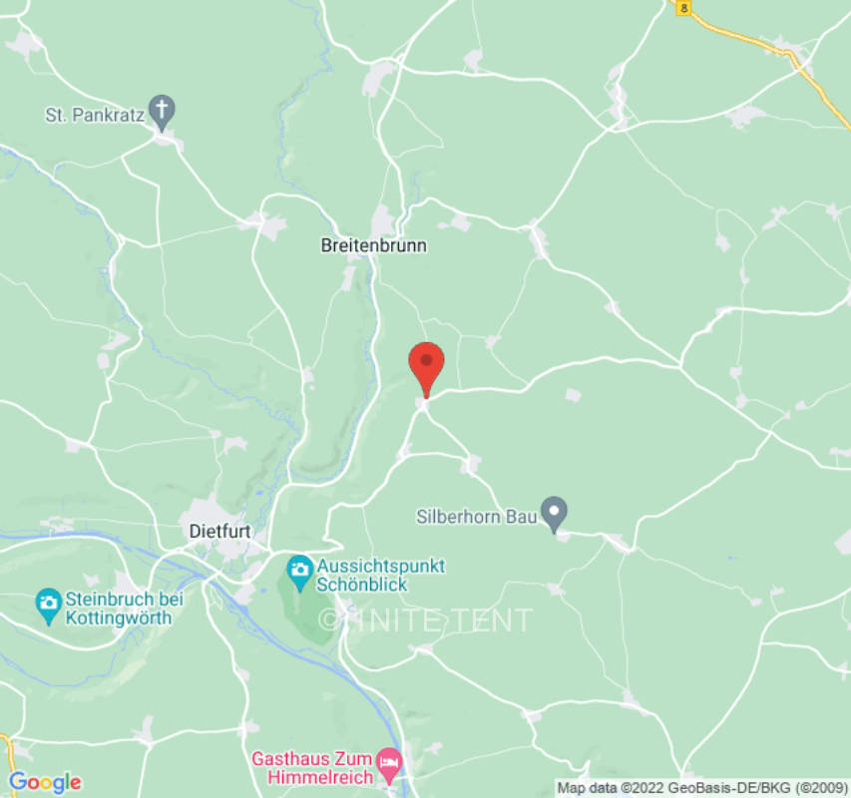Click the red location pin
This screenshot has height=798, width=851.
427,364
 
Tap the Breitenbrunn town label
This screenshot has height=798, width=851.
373,245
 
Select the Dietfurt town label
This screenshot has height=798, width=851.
219,532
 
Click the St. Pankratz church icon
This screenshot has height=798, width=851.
162,109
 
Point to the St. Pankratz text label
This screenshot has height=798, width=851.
95,116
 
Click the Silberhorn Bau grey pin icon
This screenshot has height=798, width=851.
554,513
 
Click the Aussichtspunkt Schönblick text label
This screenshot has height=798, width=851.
380,576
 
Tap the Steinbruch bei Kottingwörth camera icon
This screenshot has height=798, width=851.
47,603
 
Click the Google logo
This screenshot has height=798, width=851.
44,782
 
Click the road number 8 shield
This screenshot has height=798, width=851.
683,7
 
